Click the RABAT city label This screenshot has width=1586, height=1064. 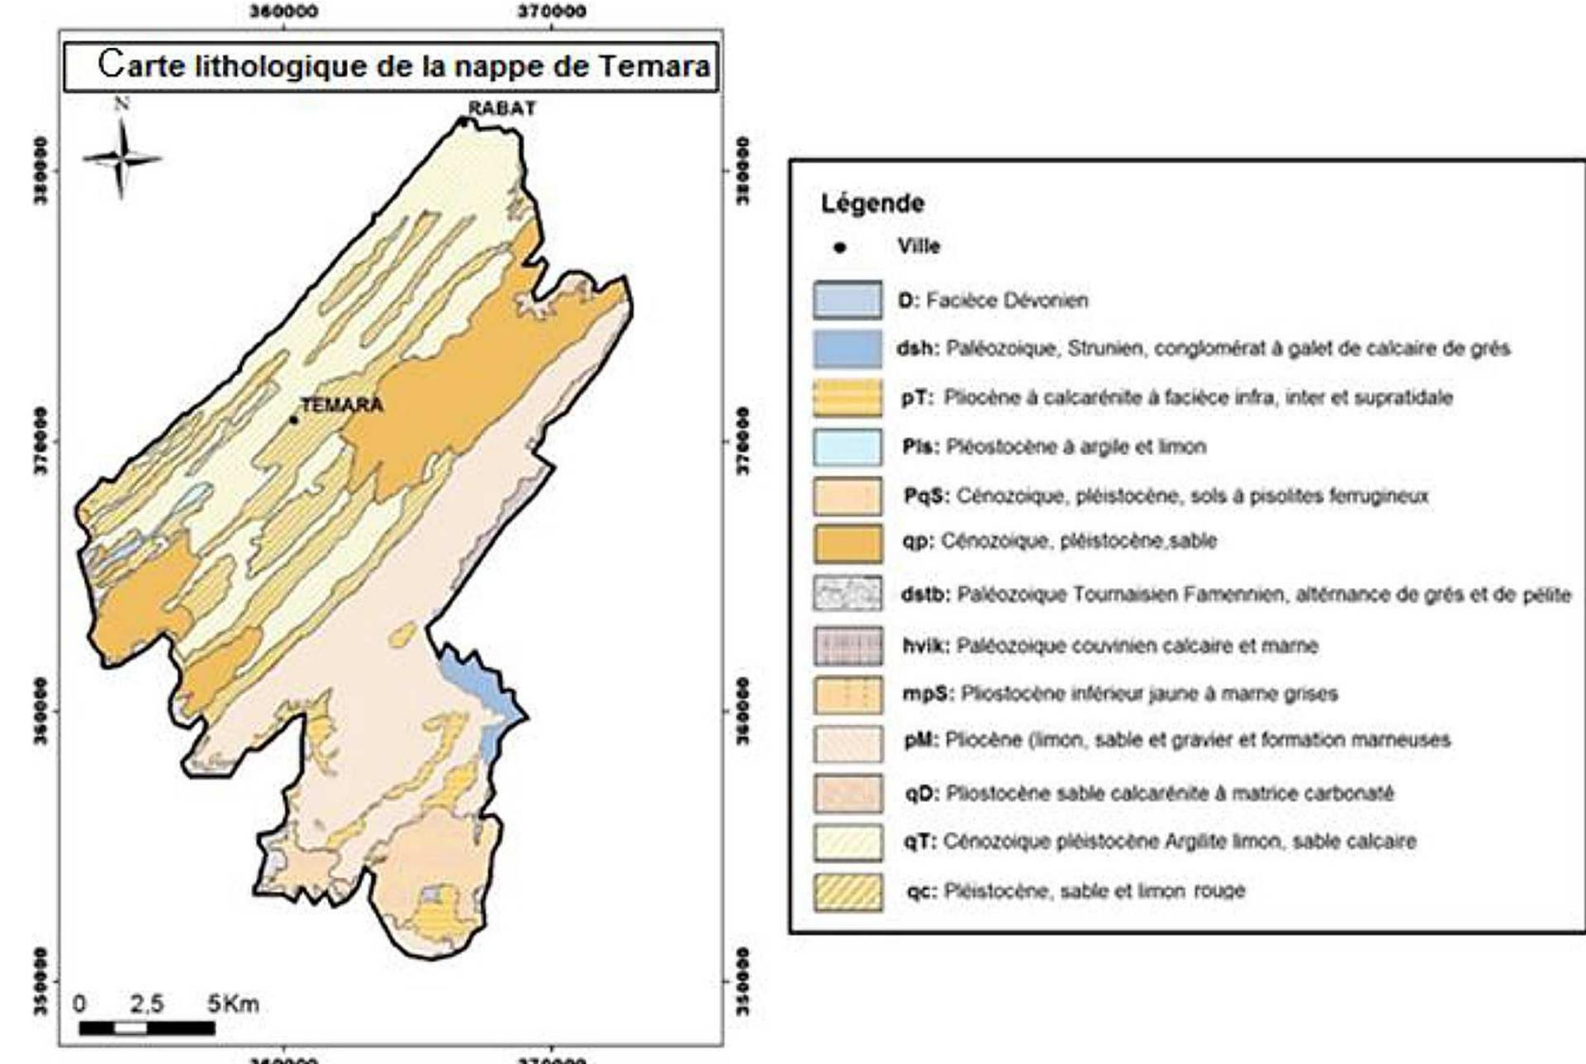[x=501, y=108]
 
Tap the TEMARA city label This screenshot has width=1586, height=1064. [x=341, y=405]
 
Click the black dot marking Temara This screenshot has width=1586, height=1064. [x=293, y=420]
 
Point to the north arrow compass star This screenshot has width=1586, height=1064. [x=121, y=158]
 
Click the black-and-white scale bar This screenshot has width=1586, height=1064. [x=147, y=1028]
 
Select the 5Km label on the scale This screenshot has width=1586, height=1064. [x=234, y=1005]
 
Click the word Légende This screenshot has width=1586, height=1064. [x=872, y=203]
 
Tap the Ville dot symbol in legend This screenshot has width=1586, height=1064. [x=840, y=247]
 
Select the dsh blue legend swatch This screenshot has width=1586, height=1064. [x=847, y=349]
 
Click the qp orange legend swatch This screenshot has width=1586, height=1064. [x=847, y=543]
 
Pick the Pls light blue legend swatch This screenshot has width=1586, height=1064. [x=847, y=447]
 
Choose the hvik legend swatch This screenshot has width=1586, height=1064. [x=847, y=646]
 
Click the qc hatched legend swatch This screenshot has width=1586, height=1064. [x=847, y=892]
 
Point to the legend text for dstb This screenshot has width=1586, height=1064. [x=1235, y=595]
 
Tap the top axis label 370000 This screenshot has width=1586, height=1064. [x=552, y=12]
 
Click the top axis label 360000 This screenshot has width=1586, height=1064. [x=284, y=12]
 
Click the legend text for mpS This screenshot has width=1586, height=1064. [x=1119, y=694]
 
